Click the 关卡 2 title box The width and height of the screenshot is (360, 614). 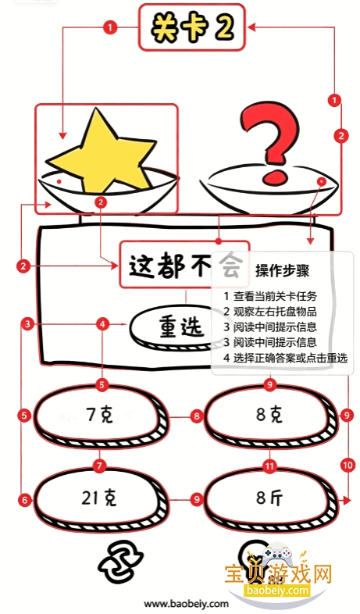tap(192, 27)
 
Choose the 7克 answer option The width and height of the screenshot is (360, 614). tap(100, 416)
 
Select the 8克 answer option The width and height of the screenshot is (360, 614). tap(270, 415)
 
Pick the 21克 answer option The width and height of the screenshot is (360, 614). tap(100, 498)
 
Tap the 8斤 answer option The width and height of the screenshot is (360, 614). tap(270, 498)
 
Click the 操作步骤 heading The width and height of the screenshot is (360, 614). tap(283, 270)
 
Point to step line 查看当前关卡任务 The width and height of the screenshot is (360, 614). tap(270, 296)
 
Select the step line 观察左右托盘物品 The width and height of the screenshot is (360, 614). tap(270, 312)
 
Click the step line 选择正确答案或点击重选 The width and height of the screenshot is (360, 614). tap(285, 358)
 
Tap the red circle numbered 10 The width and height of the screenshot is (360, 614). tap(348, 466)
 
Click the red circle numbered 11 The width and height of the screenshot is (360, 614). tap(269, 466)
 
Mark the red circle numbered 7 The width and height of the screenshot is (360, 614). tap(99, 466)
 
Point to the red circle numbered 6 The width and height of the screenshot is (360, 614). tap(25, 500)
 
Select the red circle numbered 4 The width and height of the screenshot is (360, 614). tap(102, 324)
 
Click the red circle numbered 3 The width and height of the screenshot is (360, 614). tap(27, 324)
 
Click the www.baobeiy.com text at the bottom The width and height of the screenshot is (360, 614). tap(186, 604)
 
